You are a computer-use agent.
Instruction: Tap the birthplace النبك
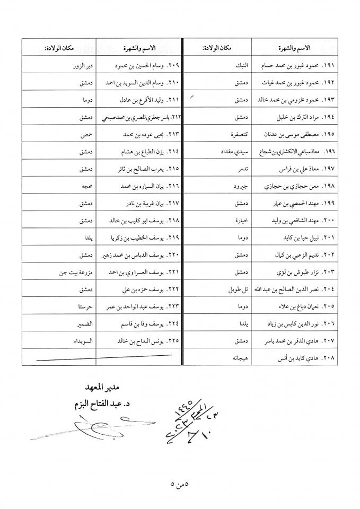click(x=240, y=66)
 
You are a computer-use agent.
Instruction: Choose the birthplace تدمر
click(x=242, y=169)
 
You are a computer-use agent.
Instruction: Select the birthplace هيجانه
click(x=239, y=358)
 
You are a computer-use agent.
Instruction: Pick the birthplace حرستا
click(x=85, y=306)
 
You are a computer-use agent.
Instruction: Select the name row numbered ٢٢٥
click(x=143, y=341)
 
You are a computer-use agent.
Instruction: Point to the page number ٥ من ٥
click(x=180, y=483)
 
